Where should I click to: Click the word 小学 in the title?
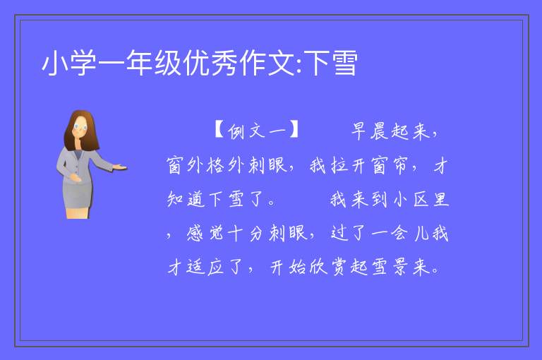click(68, 64)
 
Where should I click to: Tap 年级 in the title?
click(153, 64)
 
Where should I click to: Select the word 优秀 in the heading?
click(210, 64)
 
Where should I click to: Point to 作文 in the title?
click(265, 64)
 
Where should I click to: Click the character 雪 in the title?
click(344, 64)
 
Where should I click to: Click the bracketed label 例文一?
click(256, 131)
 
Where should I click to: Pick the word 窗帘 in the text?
click(390, 165)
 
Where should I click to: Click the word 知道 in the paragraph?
click(186, 199)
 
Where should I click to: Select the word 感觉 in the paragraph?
click(205, 233)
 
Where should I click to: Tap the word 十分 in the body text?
click(246, 233)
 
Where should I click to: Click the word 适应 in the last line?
click(205, 267)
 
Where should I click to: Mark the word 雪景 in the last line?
click(390, 267)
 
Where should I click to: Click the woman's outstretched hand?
click(119, 168)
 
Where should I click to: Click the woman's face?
click(80, 126)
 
